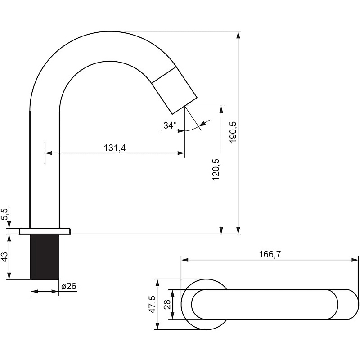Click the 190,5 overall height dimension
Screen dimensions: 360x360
(234, 132)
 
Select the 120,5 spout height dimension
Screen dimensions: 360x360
(216, 170)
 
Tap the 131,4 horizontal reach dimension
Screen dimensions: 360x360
(115, 148)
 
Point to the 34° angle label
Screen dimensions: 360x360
(170, 126)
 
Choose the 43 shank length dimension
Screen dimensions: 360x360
(4, 256)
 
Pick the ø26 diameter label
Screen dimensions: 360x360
(69, 286)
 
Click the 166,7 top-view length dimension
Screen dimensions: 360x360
(270, 254)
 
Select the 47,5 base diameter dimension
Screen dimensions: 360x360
(152, 304)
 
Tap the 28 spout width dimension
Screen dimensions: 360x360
(167, 305)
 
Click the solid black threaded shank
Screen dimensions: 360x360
(45, 257)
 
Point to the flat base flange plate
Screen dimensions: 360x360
(45, 231)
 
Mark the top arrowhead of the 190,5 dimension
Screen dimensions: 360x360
(238, 35)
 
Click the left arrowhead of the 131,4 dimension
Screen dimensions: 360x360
(49, 153)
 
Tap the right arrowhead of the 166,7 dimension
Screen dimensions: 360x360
(355, 260)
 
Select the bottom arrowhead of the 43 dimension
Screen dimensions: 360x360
(9, 276)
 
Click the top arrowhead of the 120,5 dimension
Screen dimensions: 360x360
(221, 109)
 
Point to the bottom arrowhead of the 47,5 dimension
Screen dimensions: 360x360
(157, 326)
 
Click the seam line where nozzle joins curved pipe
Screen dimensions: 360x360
(164, 75)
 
